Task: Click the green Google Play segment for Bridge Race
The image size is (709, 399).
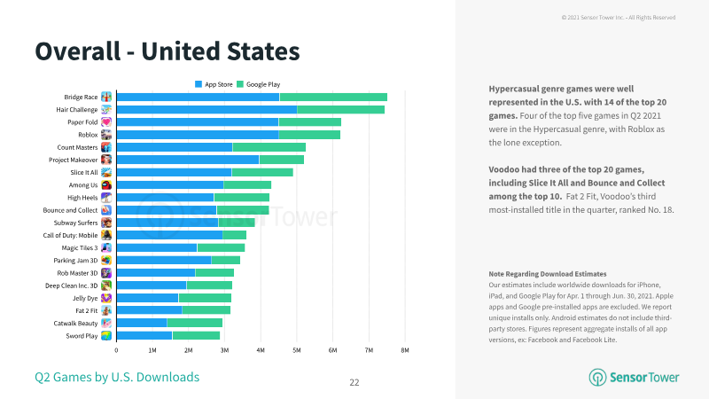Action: pos(333,97)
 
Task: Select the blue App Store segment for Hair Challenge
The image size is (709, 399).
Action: pos(207,109)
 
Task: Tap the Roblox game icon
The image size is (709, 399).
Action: pos(106,135)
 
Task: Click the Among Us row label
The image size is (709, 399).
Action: pos(83,185)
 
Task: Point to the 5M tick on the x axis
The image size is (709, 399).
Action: pos(297,350)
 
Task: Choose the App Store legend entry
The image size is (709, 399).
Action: pos(214,84)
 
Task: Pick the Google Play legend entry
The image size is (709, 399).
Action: pos(259,84)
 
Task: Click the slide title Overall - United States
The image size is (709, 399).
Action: pos(168,51)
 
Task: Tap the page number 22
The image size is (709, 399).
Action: pos(354,383)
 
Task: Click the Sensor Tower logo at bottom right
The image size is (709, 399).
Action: pos(634,378)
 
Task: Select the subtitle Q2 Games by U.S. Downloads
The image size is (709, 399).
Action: pos(117,378)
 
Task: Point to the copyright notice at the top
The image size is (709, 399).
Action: pos(619,18)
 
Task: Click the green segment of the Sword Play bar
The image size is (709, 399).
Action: pos(196,336)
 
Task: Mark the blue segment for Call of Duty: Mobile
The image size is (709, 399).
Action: pos(169,235)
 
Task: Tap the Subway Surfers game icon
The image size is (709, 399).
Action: pos(106,223)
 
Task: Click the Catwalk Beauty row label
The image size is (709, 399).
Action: pos(75,324)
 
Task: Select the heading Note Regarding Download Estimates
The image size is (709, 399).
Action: pos(548,274)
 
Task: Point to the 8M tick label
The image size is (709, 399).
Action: pos(405,350)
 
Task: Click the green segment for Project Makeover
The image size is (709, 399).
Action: pos(281,160)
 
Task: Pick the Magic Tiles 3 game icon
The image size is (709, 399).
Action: pos(106,248)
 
